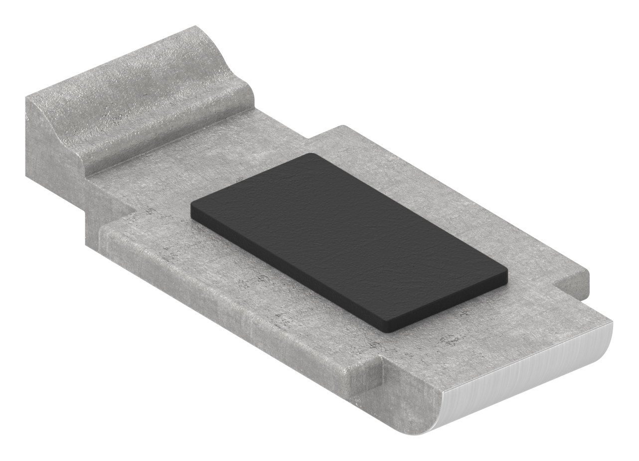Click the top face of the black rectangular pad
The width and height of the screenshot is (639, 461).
[x=349, y=239]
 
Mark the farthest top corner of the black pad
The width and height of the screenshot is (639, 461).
[x=313, y=155]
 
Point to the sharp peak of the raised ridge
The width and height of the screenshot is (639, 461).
[x=195, y=27]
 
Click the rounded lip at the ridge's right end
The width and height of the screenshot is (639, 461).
[x=247, y=95]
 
